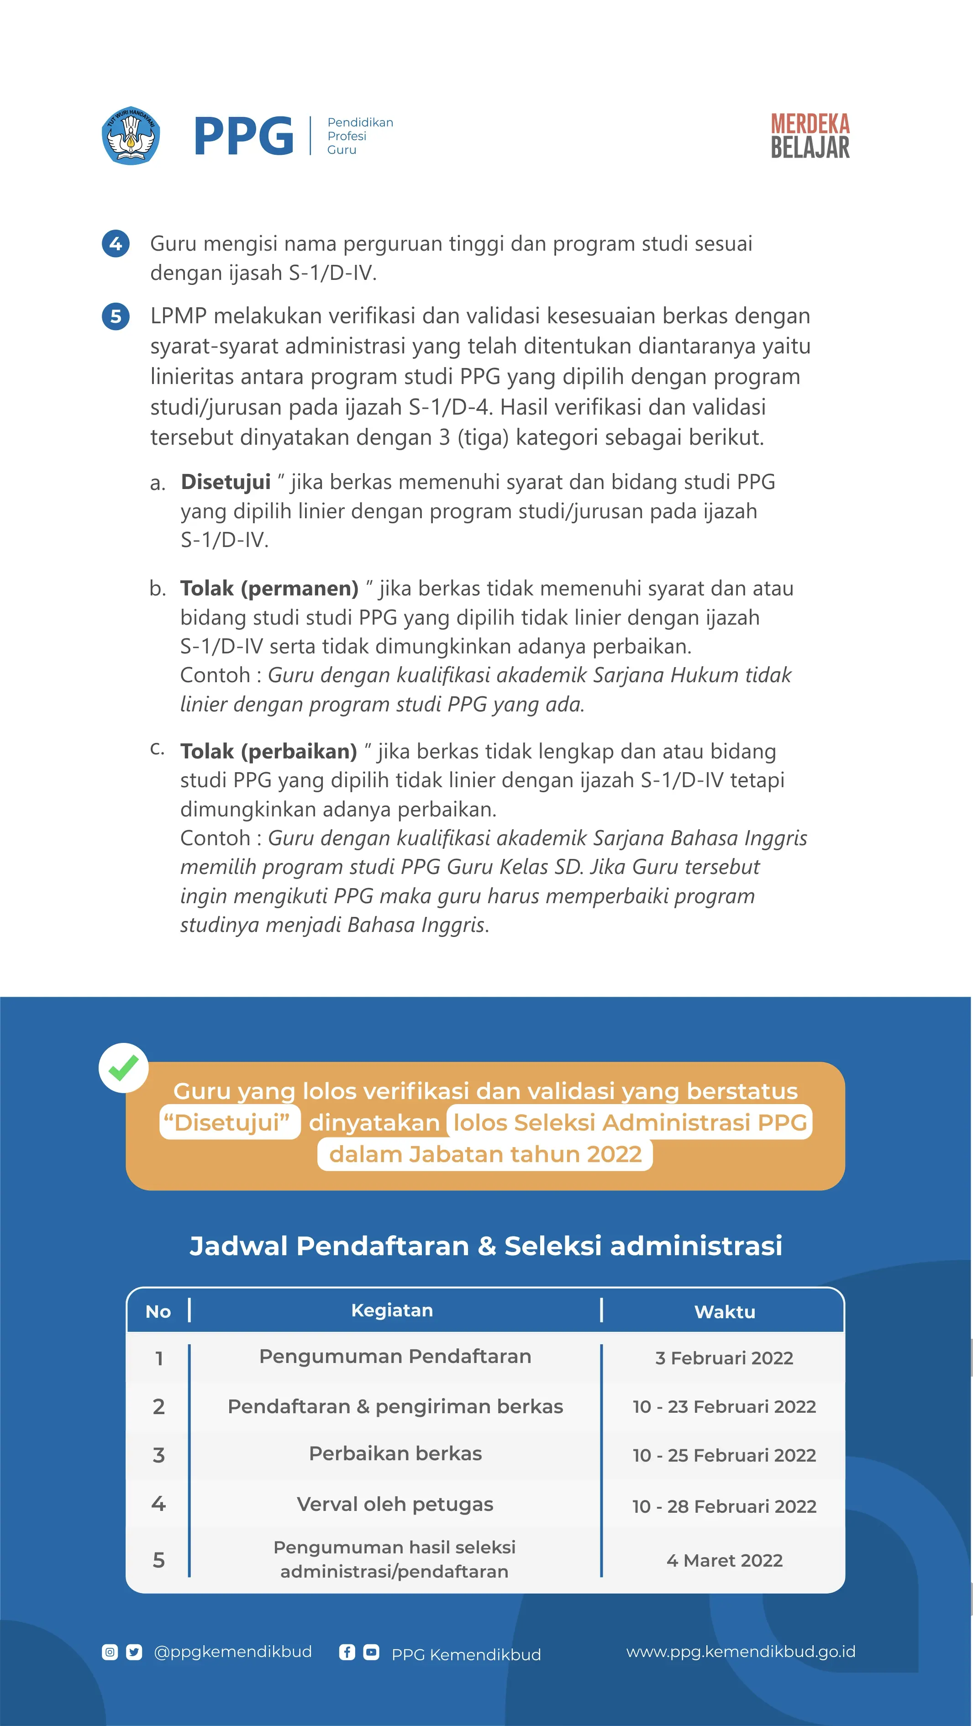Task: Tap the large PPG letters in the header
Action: point(243,136)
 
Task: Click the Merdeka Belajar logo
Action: point(810,136)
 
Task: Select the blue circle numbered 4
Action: point(115,243)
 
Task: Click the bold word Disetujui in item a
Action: point(226,482)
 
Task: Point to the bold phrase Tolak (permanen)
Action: point(269,588)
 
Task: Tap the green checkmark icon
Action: point(123,1068)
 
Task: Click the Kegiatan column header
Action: point(392,1310)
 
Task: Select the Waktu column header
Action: point(725,1312)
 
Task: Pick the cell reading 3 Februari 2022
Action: point(724,1358)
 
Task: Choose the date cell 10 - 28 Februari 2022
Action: point(724,1506)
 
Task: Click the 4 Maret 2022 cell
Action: point(724,1561)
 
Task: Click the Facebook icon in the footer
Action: point(347,1652)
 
